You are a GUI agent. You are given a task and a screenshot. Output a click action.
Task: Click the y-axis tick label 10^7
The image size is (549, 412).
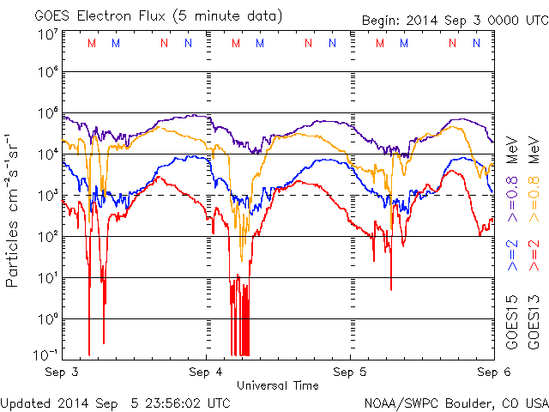click(x=47, y=35)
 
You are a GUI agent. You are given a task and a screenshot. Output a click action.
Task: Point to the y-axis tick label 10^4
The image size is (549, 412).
click(x=47, y=154)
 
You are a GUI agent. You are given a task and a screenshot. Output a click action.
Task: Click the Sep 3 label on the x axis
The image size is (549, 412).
click(x=62, y=373)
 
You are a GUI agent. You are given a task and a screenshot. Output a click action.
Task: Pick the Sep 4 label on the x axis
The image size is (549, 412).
click(x=207, y=373)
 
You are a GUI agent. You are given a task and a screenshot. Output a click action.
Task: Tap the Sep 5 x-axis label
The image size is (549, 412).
click(x=351, y=373)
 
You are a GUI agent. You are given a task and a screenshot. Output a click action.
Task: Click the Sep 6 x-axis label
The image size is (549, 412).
click(x=488, y=373)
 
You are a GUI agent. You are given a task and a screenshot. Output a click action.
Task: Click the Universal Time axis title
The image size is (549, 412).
click(x=278, y=385)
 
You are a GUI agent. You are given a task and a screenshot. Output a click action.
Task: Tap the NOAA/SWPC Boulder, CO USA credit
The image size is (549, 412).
click(x=455, y=402)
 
